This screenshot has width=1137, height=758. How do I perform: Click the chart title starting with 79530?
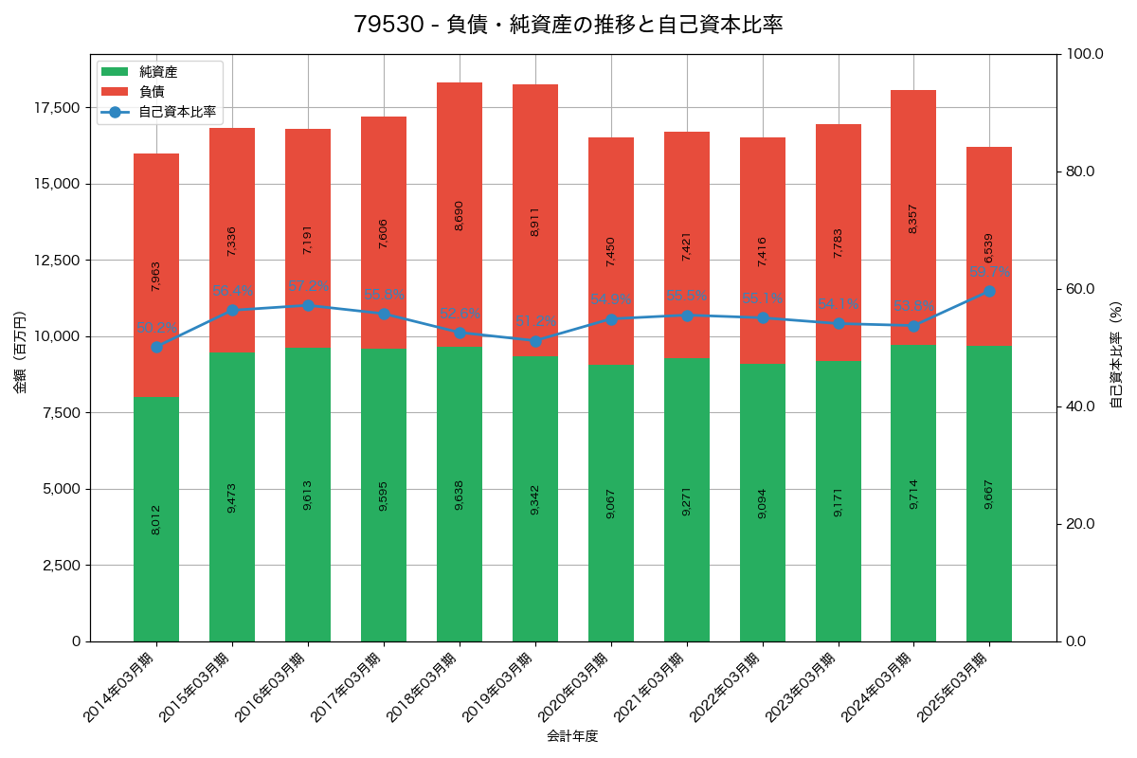coord(568,25)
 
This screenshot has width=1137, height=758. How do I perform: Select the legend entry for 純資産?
coord(157,72)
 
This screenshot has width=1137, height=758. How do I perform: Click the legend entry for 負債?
coord(152,92)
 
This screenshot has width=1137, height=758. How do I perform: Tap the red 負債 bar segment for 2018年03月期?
coord(460,214)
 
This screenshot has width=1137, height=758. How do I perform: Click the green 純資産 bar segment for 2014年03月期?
coord(156,519)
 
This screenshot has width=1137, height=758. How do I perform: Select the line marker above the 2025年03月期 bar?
coord(989,291)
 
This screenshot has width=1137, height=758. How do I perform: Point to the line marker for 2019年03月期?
coord(535,341)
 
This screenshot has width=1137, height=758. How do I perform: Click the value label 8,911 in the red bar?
coord(535,221)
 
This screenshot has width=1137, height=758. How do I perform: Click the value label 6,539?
coord(989,248)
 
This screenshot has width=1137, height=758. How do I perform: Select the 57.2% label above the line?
coord(308,286)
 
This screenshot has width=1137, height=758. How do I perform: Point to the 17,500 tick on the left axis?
coord(58,107)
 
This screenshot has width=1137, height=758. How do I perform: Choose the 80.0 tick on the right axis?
coord(1079,171)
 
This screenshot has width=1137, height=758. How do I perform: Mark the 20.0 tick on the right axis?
coord(1079,524)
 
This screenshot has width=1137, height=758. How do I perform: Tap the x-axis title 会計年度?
coord(572,736)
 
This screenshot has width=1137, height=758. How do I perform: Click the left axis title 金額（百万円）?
coord(20,352)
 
